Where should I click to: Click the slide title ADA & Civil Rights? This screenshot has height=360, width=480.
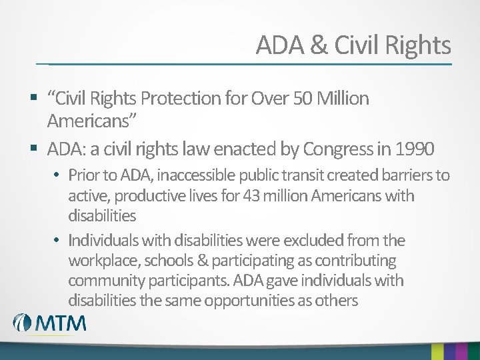point(353,45)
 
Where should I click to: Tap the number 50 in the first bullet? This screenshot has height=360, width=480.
point(301,99)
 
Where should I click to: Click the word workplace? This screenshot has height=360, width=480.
point(103,260)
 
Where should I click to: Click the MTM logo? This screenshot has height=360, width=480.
point(50,323)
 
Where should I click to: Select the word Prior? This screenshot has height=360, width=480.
point(83,176)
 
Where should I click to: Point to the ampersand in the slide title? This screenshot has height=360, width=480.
point(319,45)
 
